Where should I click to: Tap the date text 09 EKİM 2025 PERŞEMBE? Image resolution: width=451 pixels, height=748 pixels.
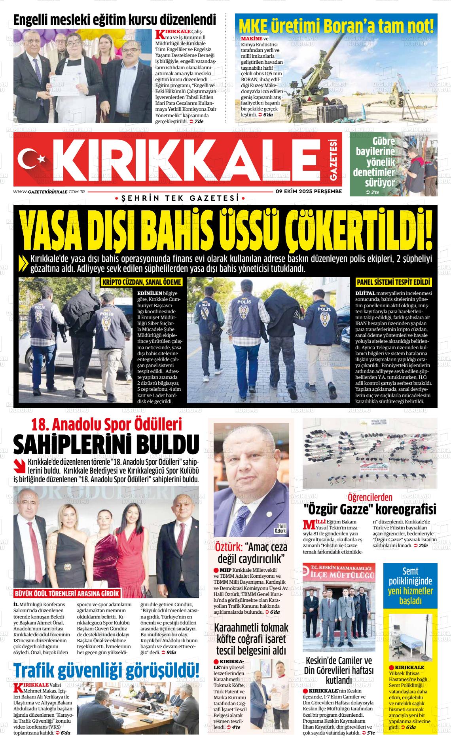[x=309, y=191]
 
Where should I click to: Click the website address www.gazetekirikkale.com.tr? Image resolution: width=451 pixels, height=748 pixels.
[x=49, y=192]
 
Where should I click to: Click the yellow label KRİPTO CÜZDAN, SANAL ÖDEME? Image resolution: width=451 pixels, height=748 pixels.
[x=142, y=282]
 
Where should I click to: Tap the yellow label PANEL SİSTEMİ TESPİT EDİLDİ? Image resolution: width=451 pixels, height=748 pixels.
[x=393, y=282]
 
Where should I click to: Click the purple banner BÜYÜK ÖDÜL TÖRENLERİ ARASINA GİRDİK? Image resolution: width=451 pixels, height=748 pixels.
[x=66, y=594]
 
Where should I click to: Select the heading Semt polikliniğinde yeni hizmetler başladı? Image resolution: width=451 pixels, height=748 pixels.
[x=410, y=585]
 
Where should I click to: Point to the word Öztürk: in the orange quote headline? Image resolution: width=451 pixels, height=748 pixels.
[x=229, y=548]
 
